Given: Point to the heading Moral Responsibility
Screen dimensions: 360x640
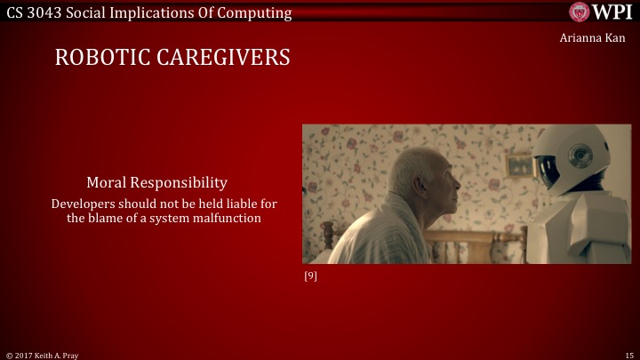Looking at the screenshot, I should [x=156, y=182].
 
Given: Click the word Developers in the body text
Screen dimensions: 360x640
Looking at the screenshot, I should [x=83, y=204].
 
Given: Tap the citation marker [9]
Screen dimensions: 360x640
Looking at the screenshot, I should [x=310, y=276].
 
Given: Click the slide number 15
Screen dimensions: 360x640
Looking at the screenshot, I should [x=628, y=354].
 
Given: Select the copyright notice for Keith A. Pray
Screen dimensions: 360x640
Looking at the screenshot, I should [x=43, y=354].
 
